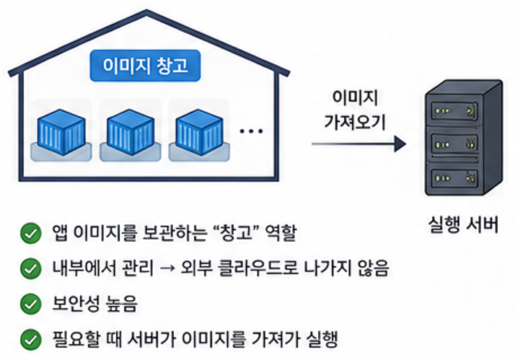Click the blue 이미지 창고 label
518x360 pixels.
coord(145,66)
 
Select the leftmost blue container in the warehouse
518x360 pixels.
coord(61,132)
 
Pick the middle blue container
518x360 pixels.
coord(131,132)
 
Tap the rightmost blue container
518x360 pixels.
coord(200,132)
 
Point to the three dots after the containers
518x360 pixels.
coord(251,131)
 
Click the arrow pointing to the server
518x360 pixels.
coord(359,144)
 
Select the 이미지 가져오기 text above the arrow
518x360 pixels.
coord(355,110)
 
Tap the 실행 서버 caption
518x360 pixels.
coord(463,225)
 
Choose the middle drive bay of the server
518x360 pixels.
coord(455,144)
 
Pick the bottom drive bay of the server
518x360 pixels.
coord(455,177)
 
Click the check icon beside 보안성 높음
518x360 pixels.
coord(31,304)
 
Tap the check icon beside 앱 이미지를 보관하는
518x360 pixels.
coord(31,233)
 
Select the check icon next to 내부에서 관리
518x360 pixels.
coord(31,268)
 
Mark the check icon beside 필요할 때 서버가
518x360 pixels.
coord(31,340)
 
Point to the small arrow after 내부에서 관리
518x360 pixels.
coord(167,268)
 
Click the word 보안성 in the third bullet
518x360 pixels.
coord(76,304)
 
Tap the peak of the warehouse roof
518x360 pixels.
coord(146,12)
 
